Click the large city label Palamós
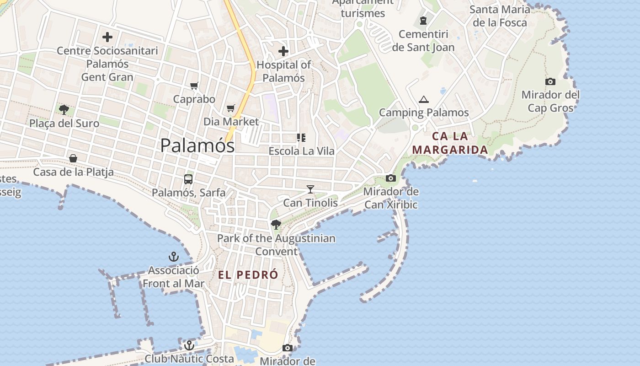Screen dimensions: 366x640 point(197,146)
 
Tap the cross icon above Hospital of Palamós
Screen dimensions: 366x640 point(283,51)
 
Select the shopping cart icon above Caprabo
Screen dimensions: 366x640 point(194,86)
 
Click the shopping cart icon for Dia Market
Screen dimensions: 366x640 point(231,108)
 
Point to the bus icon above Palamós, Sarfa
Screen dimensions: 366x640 point(188,179)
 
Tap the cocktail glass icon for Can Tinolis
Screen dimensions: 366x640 point(310,189)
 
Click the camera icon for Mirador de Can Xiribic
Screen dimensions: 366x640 point(391,178)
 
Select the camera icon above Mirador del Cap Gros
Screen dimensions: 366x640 point(550,81)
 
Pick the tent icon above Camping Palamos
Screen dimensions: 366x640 point(424,99)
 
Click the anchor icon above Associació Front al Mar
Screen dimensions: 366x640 point(173,257)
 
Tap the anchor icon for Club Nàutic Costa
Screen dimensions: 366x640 point(189,345)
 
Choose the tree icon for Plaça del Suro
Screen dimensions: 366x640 point(64,110)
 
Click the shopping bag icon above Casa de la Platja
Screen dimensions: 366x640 point(73,159)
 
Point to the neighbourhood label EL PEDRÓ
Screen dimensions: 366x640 point(248,275)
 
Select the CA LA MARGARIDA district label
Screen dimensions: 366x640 point(450,143)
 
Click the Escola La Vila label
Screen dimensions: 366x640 point(302,151)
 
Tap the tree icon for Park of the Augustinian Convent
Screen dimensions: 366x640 point(276,224)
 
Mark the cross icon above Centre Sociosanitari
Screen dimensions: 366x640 point(107,37)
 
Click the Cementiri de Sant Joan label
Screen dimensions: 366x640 point(423,41)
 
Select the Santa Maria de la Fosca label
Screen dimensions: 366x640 point(500,16)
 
